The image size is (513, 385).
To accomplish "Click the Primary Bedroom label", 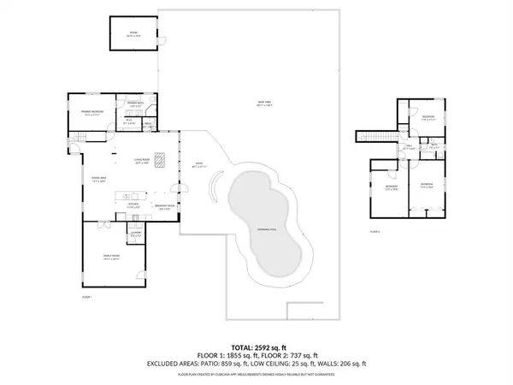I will (92, 112).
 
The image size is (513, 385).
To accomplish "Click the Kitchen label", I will (133, 204).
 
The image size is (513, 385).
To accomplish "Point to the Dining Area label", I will (98, 179).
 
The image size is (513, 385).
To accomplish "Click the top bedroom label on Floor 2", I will (428, 118).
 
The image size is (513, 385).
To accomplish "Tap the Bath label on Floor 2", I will (434, 145).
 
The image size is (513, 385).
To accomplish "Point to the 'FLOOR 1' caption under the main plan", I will (85, 296).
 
